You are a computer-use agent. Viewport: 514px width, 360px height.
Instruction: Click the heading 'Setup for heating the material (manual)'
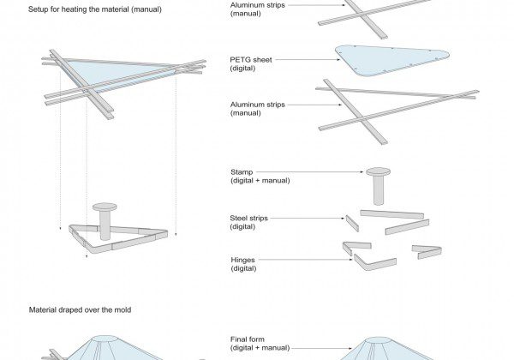[x=95, y=9]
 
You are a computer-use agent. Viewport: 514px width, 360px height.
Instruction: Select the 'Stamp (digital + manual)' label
[x=260, y=176]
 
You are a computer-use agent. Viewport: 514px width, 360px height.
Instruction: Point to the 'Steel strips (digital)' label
[x=249, y=222]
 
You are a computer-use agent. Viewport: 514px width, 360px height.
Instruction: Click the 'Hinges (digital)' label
[x=244, y=263]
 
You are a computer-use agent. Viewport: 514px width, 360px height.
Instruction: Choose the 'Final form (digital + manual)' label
[x=260, y=343]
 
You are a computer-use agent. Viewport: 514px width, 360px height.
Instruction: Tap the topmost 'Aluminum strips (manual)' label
[x=258, y=9]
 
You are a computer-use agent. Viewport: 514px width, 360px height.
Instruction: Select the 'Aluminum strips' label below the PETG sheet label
[x=258, y=108]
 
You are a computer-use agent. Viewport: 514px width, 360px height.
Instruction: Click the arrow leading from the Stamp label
[x=326, y=171]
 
